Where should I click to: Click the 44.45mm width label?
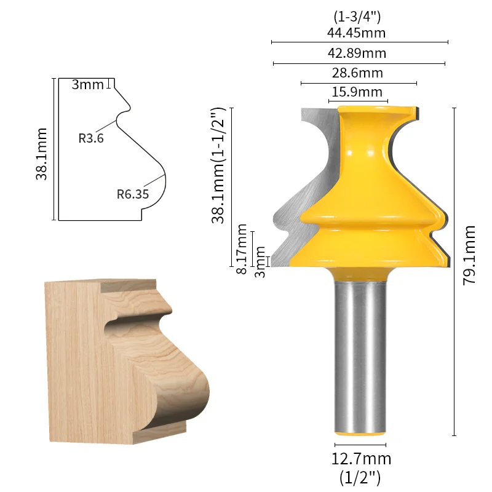point(356,33)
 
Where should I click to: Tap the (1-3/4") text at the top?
point(357,17)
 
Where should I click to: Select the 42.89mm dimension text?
point(357,54)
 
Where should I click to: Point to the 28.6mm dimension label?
point(357,73)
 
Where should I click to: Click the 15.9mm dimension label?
point(357,92)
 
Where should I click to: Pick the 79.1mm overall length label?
point(469,255)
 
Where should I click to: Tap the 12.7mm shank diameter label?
point(361,459)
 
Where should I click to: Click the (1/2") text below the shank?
point(360,478)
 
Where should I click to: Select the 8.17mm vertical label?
point(242,249)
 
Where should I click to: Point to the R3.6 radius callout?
point(91,138)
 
